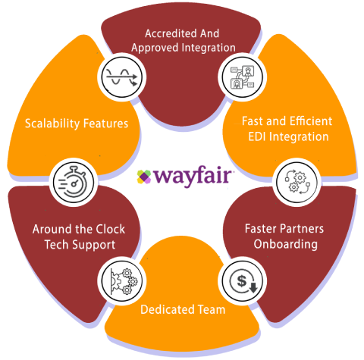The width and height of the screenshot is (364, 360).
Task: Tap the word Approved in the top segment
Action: coord(155,48)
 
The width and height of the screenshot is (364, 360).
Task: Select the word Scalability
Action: coord(52,124)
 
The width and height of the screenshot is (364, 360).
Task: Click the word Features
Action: coord(105,124)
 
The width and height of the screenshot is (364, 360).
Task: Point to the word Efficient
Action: coord(311,121)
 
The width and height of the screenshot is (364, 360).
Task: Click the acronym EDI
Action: coord(257,136)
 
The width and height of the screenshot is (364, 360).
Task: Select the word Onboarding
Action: coord(286,244)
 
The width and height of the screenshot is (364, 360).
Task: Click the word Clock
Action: coord(111,229)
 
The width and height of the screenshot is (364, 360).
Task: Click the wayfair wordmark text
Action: coord(193,176)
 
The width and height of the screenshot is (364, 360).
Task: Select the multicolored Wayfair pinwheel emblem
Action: coord(144,177)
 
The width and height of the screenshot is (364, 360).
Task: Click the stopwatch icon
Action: coord(74,182)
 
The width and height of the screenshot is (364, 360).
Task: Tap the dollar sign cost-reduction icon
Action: coord(243,281)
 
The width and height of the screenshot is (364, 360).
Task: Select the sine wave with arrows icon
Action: coord(122,77)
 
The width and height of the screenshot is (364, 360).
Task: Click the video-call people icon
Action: coord(243,77)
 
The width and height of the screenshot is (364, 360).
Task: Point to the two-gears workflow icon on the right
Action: coord(297,182)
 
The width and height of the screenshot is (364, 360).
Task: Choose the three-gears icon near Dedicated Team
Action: coord(124,281)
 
